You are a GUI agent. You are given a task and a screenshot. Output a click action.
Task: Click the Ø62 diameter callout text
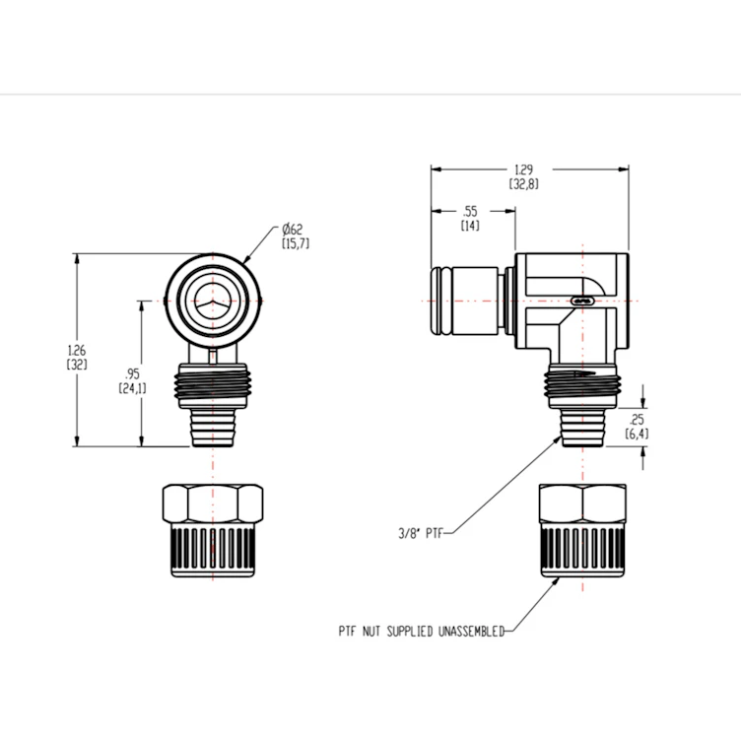click(x=294, y=229)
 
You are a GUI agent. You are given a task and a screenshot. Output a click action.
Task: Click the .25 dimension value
click(x=636, y=419)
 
